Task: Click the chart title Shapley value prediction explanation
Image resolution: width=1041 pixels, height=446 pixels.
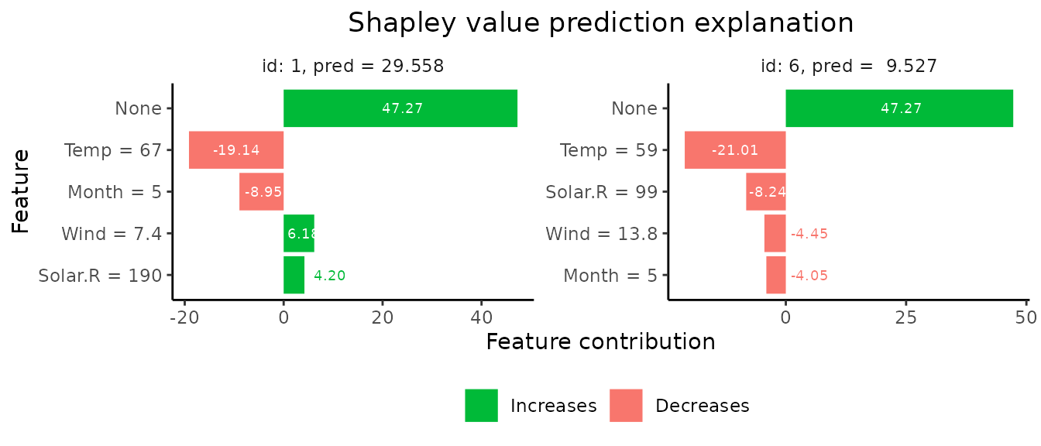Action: coord(600,23)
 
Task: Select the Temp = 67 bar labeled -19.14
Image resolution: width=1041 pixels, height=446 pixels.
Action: coord(236,150)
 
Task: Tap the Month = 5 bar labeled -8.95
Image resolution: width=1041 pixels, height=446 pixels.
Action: coord(261,192)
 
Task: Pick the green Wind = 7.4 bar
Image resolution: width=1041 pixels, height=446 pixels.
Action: coord(298,234)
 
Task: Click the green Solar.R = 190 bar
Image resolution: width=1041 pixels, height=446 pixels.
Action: coord(294,275)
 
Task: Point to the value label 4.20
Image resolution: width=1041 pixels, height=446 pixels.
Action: coord(329,275)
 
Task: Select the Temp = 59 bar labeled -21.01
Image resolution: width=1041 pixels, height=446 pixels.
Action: coord(735,150)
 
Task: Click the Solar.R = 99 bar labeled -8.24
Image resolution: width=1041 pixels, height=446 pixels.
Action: coord(766,192)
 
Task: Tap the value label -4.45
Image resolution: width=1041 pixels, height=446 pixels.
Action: coord(809,234)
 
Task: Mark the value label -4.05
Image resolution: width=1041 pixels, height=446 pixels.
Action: coord(809,276)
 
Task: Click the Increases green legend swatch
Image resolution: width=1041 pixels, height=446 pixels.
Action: coord(481,406)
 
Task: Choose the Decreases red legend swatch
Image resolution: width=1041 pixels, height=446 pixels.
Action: coord(626,406)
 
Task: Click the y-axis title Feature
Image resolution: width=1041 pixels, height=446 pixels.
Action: coord(21,191)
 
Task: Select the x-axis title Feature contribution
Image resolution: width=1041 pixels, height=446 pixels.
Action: coord(600,341)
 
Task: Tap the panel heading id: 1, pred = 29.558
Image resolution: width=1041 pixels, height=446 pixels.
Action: coord(353,67)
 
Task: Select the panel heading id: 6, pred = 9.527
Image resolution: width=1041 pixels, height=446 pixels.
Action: coord(849,67)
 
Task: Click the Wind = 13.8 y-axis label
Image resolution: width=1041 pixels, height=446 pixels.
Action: coord(601,234)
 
